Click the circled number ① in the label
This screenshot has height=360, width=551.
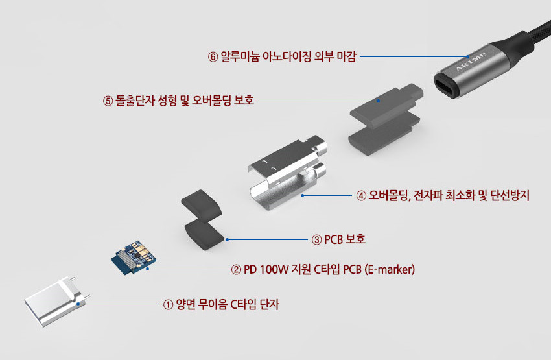[168, 304]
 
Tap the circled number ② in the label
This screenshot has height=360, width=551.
[237, 269]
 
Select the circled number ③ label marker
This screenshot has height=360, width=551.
[316, 239]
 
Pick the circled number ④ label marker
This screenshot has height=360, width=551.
[362, 195]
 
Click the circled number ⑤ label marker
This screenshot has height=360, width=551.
[108, 101]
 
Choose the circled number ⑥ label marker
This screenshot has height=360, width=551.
[213, 56]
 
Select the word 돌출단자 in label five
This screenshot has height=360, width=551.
[135, 101]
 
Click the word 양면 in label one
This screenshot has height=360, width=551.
[186, 304]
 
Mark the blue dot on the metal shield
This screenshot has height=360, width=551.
[303, 195]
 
